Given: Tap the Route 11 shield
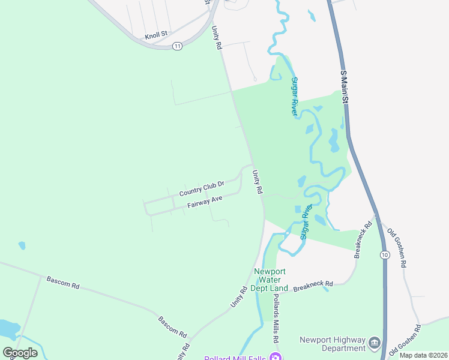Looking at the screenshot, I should point(177,46).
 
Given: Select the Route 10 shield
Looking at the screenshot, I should point(384,255).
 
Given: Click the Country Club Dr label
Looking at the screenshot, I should point(202,189).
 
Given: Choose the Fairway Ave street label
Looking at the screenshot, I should point(205,201).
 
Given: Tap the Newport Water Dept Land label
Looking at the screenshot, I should point(271,280).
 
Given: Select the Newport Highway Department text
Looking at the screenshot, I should point(333,344).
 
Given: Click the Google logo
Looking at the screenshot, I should point(20,352).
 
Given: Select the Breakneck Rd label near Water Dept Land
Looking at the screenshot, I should point(313,286).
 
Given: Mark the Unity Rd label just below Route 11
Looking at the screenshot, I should point(216,37).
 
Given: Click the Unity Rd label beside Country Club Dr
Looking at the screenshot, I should point(258,182).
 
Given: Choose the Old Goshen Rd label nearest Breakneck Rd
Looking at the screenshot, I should point(397,248).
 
